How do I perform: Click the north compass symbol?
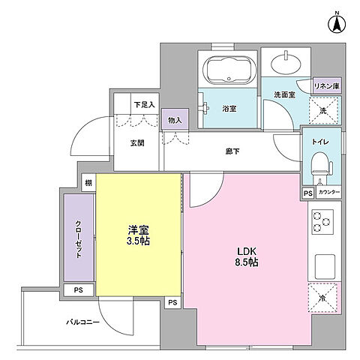point(337,22)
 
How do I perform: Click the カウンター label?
point(329,193)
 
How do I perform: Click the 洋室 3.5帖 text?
point(138,235)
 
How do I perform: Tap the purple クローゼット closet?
point(78,238)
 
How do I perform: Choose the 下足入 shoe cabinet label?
point(143,104)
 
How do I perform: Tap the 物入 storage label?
point(174,119)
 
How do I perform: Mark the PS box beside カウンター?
point(307,193)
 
